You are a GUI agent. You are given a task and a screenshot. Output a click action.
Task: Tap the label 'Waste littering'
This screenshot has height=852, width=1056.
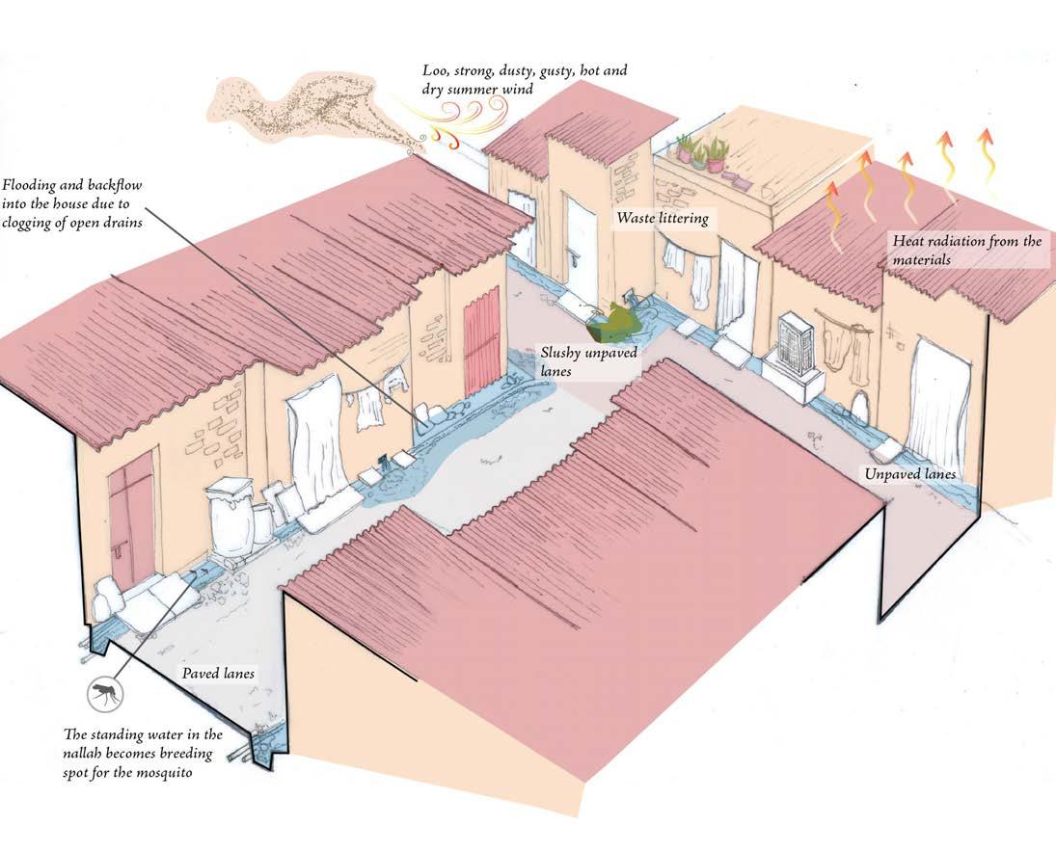coord(663,219)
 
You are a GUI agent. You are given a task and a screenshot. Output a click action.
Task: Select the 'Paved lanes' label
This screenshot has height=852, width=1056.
coord(218,673)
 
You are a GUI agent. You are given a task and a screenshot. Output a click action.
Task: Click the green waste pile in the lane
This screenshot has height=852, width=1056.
coord(615,322)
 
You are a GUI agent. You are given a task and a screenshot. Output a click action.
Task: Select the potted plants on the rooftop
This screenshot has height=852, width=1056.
coord(701,152)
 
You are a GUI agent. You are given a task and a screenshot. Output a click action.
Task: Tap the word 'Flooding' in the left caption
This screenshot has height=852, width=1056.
coord(33,184)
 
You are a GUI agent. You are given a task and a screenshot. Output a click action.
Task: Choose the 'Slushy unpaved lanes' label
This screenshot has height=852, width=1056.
coord(574,360)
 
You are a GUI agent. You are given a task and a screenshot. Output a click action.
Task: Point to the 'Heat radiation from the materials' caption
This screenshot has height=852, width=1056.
coord(964,250)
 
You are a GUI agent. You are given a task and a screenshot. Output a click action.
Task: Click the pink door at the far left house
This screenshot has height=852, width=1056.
coord(131,511)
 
